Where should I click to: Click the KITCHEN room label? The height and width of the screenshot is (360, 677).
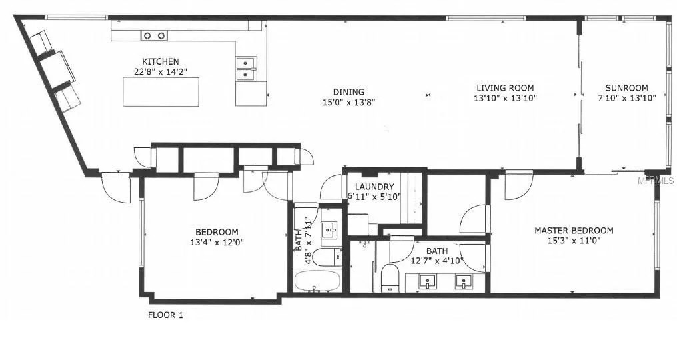point(160,62)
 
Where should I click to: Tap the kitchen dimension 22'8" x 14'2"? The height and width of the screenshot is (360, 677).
point(160,72)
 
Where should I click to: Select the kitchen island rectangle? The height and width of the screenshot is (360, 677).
point(161,91)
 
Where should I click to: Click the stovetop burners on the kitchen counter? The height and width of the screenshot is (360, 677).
point(154,35)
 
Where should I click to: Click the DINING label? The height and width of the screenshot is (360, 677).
point(349,92)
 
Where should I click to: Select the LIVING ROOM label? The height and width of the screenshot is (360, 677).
point(505,88)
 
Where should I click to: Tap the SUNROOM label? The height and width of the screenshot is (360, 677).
point(626,88)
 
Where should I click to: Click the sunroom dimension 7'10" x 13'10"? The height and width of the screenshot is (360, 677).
point(626,98)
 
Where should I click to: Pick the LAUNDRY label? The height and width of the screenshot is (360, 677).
point(374,187)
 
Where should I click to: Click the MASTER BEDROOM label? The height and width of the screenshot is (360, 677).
point(574,231)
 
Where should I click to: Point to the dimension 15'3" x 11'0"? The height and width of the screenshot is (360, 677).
point(574,241)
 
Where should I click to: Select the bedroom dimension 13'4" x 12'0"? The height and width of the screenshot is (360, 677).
point(217,243)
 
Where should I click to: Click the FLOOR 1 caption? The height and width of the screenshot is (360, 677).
point(165,315)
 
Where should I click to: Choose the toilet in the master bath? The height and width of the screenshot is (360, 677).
point(390,277)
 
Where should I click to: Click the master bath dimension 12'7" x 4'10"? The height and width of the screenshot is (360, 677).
point(438,261)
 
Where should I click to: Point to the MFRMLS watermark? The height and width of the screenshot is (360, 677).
point(656,181)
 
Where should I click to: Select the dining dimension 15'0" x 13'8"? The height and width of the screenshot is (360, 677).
point(349,102)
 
